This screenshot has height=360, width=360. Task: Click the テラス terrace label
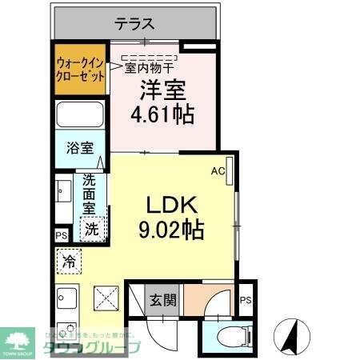click(x=134, y=24)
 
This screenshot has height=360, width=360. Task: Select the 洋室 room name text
click(x=163, y=89)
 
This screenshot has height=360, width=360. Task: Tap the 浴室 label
click(x=78, y=149)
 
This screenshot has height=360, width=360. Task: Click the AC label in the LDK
click(x=217, y=170)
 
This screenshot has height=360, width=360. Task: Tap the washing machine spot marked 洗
click(x=94, y=228)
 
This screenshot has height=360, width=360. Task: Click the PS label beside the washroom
click(x=62, y=235)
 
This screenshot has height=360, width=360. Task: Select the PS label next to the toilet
click(x=246, y=301)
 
